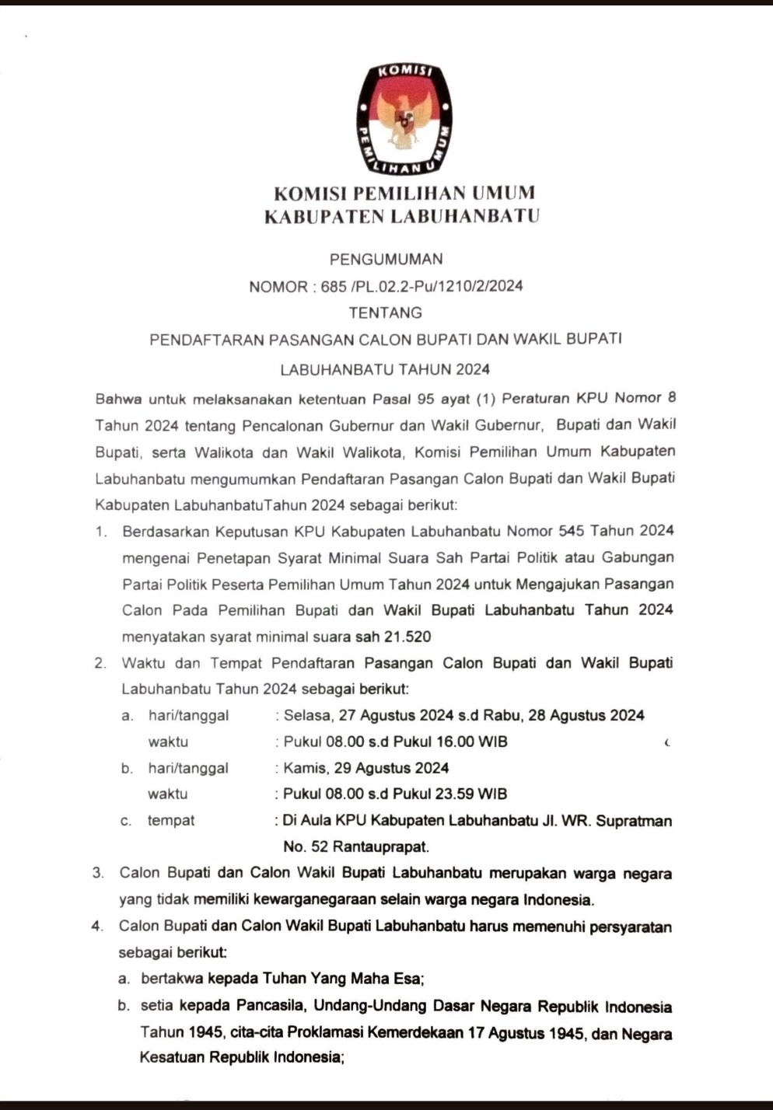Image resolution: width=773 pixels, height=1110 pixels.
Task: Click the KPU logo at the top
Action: (404, 119)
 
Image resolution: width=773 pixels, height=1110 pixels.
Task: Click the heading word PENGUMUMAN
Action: (386, 259)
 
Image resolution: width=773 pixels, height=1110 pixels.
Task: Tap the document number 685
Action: (334, 286)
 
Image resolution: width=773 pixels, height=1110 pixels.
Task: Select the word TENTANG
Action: (386, 312)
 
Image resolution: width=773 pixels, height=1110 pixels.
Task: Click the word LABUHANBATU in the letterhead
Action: (464, 216)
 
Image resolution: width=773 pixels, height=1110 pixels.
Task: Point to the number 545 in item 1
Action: (571, 531)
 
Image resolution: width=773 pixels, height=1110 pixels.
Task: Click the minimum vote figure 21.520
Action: (407, 637)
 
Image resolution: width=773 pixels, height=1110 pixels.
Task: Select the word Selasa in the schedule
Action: (307, 715)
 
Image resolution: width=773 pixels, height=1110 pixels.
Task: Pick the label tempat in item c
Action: (171, 820)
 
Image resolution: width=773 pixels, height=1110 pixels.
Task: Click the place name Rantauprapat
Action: (376, 846)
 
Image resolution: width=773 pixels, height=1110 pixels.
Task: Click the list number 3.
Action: (97, 873)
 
